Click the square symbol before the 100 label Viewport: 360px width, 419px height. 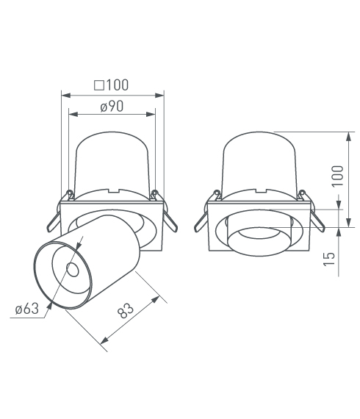pyautogui.click(x=98, y=85)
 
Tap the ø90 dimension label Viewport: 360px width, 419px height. pyautogui.click(x=112, y=107)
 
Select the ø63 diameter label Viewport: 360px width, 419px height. pyautogui.click(x=27, y=309)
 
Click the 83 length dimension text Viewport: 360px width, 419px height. pyautogui.click(x=126, y=310)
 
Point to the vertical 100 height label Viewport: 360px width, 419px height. pyautogui.click(x=337, y=176)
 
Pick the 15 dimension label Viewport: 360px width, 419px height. pyautogui.click(x=328, y=259)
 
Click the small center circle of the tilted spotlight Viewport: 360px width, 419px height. pyautogui.click(x=73, y=270)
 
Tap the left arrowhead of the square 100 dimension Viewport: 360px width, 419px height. pyautogui.click(x=65, y=96)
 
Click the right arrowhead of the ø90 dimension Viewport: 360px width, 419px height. pyautogui.click(x=151, y=115)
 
